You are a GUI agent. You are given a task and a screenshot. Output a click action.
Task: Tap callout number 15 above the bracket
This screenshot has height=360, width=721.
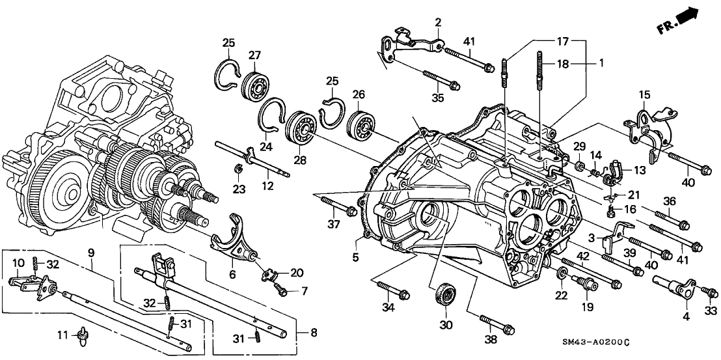coord(644,94)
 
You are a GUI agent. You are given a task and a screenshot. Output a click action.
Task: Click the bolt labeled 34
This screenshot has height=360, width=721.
coord(395,292)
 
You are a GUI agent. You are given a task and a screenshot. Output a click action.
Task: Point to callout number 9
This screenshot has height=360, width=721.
coord(92,251)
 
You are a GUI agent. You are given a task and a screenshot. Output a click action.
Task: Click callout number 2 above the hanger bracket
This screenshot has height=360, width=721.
coord(438,23)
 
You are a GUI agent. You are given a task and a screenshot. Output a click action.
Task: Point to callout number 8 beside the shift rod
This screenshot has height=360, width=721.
coord(312,333)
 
